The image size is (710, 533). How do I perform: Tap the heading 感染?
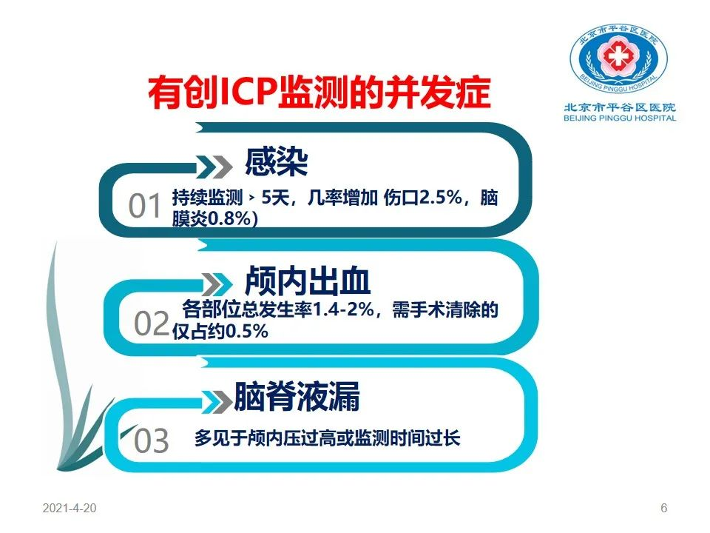pyautogui.click(x=276, y=162)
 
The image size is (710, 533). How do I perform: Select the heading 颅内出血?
pyautogui.click(x=308, y=281)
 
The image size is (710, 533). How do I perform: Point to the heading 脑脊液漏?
pyautogui.click(x=297, y=396)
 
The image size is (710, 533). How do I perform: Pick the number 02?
pyautogui.click(x=151, y=324)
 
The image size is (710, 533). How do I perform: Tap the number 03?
pyautogui.click(x=151, y=440)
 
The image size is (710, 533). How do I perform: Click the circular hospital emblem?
pyautogui.click(x=618, y=58)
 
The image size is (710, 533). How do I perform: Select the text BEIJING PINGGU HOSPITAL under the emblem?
pyautogui.click(x=620, y=118)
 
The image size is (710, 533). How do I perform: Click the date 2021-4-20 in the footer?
pyautogui.click(x=70, y=508)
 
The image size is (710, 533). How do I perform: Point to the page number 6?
pyautogui.click(x=664, y=508)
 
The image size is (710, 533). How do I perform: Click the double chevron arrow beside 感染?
pyautogui.click(x=215, y=167)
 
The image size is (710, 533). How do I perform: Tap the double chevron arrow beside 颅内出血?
pyautogui.click(x=217, y=284)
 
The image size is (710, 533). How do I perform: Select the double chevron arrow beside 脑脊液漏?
pyautogui.click(x=217, y=401)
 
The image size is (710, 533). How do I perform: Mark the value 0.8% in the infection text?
pyautogui.click(x=229, y=219)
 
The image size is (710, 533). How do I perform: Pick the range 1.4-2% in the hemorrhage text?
pyautogui.click(x=343, y=309)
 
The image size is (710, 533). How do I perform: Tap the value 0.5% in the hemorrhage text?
pyautogui.click(x=247, y=332)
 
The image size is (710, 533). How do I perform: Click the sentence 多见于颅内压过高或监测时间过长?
pyautogui.click(x=327, y=438)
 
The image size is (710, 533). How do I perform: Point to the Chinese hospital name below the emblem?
pyautogui.click(x=620, y=107)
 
